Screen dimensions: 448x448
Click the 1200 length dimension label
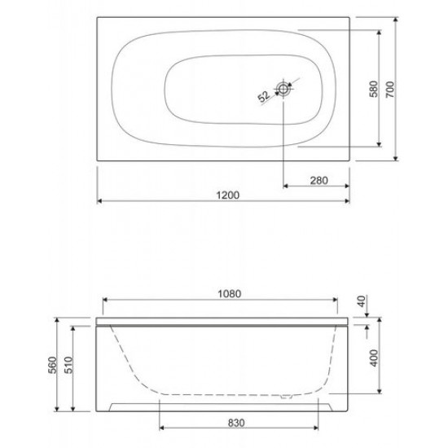pos(227,195)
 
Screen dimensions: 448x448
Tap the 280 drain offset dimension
pos(318,180)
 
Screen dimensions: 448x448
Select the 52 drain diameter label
pos(263,96)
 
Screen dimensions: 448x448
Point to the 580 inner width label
pos(373,89)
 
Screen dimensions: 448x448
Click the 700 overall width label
pos(390,89)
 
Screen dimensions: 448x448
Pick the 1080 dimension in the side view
pos(230,293)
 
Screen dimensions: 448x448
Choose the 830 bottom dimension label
pos(236,423)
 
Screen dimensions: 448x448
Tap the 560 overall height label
pos(53,365)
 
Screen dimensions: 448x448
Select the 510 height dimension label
pos(69,365)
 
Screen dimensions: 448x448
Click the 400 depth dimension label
pos(374,358)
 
